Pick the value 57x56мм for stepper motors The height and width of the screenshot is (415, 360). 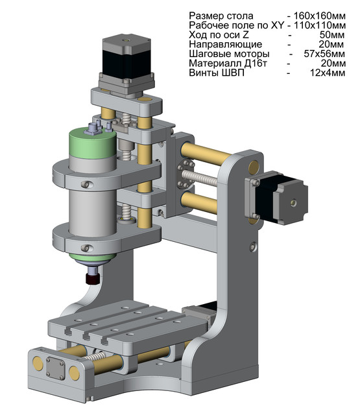tap(325, 54)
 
